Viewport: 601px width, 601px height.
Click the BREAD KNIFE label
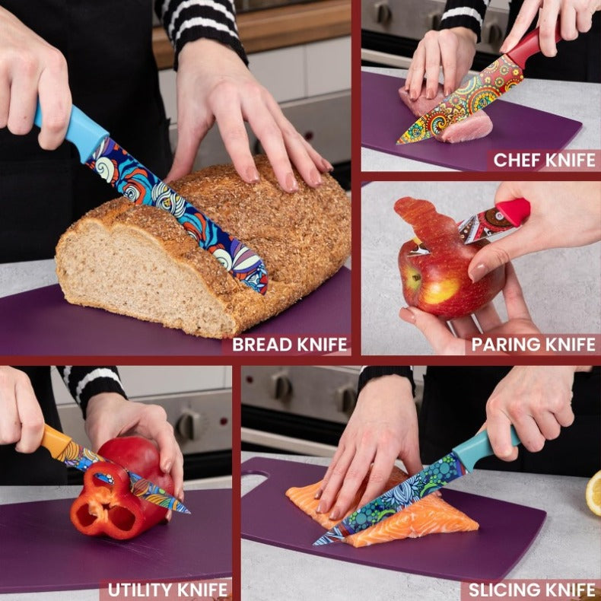pyautogui.click(x=289, y=345)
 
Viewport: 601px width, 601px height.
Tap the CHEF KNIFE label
pyautogui.click(x=543, y=160)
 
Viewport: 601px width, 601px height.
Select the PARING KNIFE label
pyautogui.click(x=533, y=345)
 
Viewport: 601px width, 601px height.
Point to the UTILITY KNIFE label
pyautogui.click(x=167, y=590)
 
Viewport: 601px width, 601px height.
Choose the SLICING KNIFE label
pyautogui.click(x=532, y=590)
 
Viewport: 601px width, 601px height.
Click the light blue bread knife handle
pyautogui.click(x=72, y=129)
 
